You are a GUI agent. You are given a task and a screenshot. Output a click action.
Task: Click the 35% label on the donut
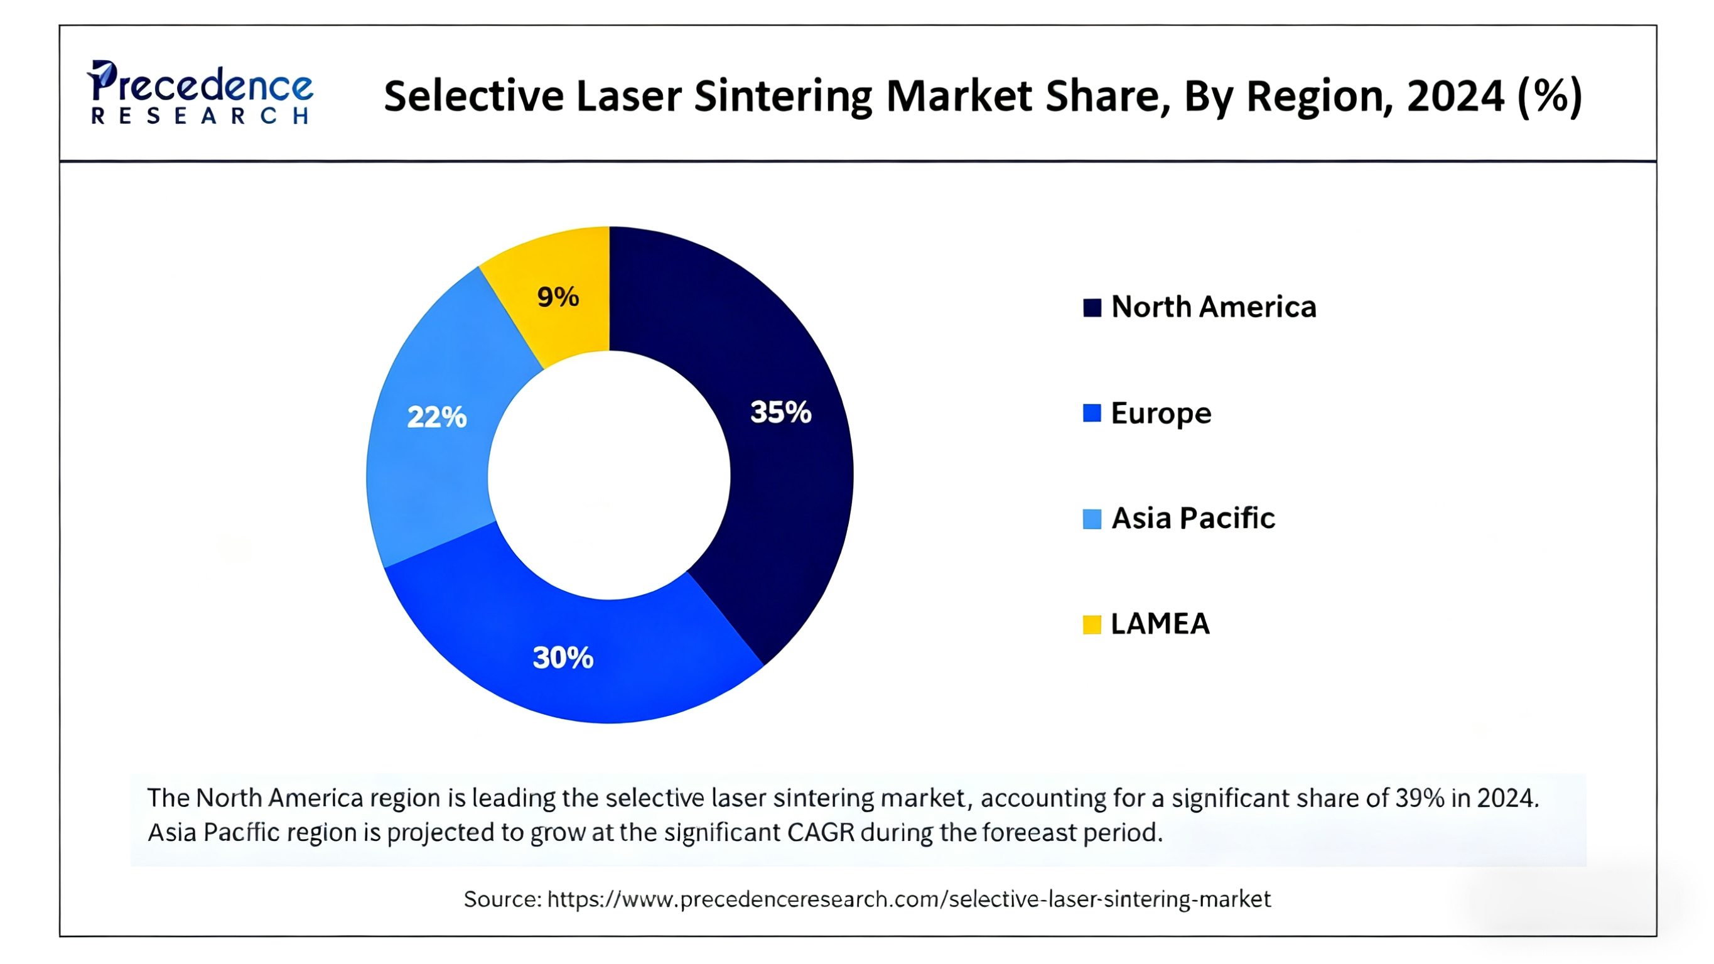tap(780, 412)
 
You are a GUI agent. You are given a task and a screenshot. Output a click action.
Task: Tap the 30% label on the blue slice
tap(563, 658)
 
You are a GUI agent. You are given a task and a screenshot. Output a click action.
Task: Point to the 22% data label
tap(436, 418)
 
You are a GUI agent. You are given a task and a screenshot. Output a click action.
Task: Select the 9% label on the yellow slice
tap(558, 297)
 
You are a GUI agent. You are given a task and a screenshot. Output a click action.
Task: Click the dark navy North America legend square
tap(1091, 308)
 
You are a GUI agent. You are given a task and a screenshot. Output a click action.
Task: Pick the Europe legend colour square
tap(1091, 413)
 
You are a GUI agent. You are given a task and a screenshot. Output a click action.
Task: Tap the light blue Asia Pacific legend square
tap(1091, 519)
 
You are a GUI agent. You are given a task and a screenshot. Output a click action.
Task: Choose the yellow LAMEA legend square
tap(1091, 624)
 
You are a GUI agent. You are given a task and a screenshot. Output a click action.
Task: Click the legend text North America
tap(1214, 307)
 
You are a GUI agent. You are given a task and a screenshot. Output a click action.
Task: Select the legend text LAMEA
tap(1160, 624)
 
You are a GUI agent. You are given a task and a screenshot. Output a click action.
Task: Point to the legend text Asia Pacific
tap(1193, 518)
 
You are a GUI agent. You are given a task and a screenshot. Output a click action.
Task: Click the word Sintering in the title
tap(783, 97)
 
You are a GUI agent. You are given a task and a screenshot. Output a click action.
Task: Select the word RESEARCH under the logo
tap(200, 117)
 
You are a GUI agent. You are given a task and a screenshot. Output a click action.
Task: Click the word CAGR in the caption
tap(821, 832)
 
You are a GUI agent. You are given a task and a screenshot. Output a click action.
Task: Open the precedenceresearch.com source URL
tap(908, 899)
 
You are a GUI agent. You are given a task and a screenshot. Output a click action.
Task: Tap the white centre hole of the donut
tap(609, 475)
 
